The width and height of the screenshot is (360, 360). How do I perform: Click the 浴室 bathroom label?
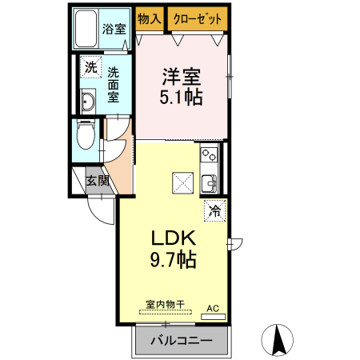point(114,30)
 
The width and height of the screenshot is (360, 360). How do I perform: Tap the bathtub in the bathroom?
point(86,30)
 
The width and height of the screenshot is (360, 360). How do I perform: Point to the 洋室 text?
point(182,78)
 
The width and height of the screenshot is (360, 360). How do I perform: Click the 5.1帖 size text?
point(182,98)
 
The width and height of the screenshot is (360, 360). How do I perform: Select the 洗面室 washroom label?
point(114,83)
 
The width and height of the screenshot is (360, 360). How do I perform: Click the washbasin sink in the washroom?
point(89,101)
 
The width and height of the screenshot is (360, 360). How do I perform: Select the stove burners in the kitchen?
point(210,154)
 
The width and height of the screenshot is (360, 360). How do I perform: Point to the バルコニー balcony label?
point(181,340)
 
